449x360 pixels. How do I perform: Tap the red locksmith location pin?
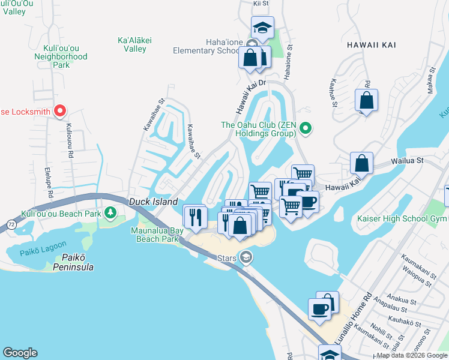point(60,111)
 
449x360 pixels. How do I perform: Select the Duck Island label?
point(154,202)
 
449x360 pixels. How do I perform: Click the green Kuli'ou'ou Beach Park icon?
point(110,213)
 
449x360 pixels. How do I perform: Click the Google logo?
point(20,353)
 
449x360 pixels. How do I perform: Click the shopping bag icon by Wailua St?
point(361,163)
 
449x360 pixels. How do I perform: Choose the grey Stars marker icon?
point(245,257)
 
